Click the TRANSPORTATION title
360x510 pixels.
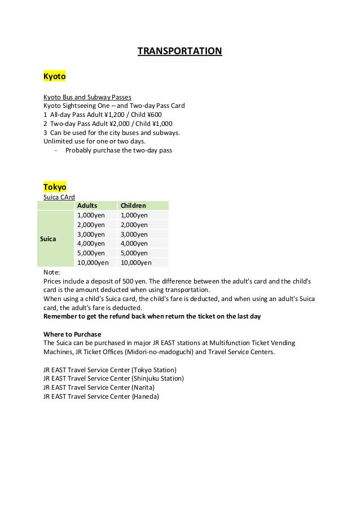click(180, 52)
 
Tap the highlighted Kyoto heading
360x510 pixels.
click(55, 75)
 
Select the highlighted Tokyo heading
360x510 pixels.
click(55, 186)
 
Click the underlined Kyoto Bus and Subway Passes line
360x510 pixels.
click(87, 97)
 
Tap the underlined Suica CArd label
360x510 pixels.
click(59, 197)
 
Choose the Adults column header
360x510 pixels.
click(87, 206)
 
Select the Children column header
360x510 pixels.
click(134, 206)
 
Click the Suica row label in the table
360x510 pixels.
click(49, 239)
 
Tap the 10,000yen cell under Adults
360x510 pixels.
click(93, 263)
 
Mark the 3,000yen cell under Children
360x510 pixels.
click(134, 234)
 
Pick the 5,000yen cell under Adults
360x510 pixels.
click(91, 253)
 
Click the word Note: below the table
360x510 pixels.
click(51, 272)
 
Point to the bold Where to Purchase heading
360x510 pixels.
click(72, 334)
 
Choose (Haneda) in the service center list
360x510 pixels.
click(145, 396)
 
